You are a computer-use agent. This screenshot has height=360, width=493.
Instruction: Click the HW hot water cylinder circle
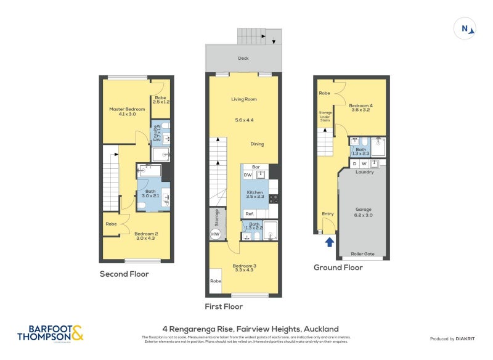(215, 234)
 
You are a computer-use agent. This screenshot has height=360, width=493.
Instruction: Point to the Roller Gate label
(362, 253)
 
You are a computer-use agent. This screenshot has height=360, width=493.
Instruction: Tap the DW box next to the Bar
(248, 175)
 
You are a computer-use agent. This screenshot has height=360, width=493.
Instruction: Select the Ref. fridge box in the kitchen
(250, 213)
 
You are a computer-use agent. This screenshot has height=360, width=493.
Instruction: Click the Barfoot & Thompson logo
(50, 333)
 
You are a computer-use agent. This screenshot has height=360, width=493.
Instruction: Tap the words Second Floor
(124, 274)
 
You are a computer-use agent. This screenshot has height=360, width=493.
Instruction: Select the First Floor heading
(224, 306)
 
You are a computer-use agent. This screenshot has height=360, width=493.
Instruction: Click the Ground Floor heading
(338, 268)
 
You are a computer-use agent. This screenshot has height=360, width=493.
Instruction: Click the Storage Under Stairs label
(325, 117)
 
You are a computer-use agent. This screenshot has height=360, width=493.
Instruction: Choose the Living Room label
(243, 99)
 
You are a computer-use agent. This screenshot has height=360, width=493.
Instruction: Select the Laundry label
(365, 172)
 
